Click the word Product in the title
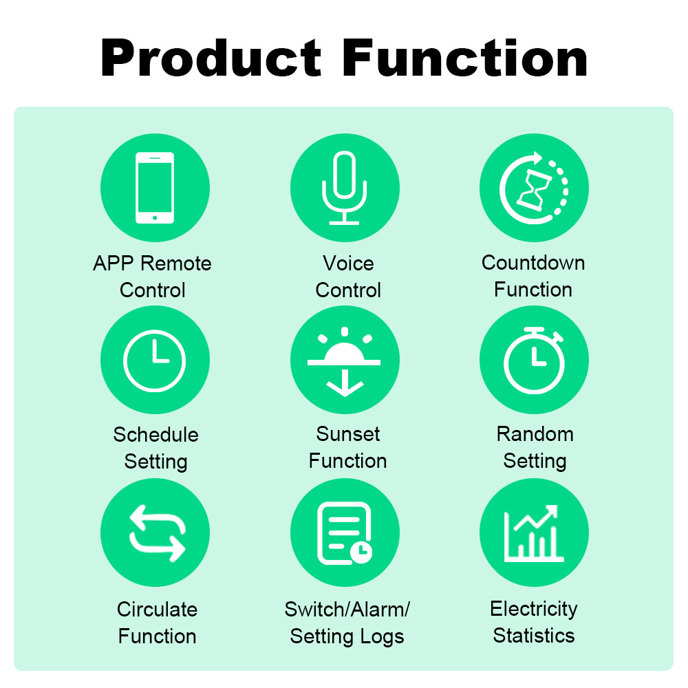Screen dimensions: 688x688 click(x=211, y=58)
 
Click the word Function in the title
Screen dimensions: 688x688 click(x=464, y=58)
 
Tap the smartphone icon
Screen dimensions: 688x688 click(x=155, y=188)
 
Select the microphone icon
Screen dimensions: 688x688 click(x=345, y=188)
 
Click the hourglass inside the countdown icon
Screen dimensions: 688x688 click(x=534, y=191)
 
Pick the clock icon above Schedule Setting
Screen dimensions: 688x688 click(x=154, y=361)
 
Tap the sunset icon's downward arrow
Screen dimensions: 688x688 click(x=345, y=383)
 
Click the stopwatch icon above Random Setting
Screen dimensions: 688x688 click(x=534, y=361)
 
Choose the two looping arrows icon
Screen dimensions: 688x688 click(x=157, y=533)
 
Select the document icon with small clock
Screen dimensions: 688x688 click(x=345, y=533)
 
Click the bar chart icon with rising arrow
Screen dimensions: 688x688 click(x=534, y=533)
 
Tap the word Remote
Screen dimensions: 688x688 click(x=176, y=264)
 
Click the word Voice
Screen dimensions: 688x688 click(x=348, y=264)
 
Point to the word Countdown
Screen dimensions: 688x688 click(x=533, y=263)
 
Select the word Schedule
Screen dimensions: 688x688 click(x=155, y=434)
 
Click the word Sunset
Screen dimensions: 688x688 click(x=348, y=434)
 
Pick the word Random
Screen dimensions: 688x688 click(x=535, y=434)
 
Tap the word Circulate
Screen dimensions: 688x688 click(x=157, y=609)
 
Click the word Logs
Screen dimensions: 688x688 click(x=382, y=636)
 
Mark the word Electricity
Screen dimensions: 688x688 click(x=534, y=609)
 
